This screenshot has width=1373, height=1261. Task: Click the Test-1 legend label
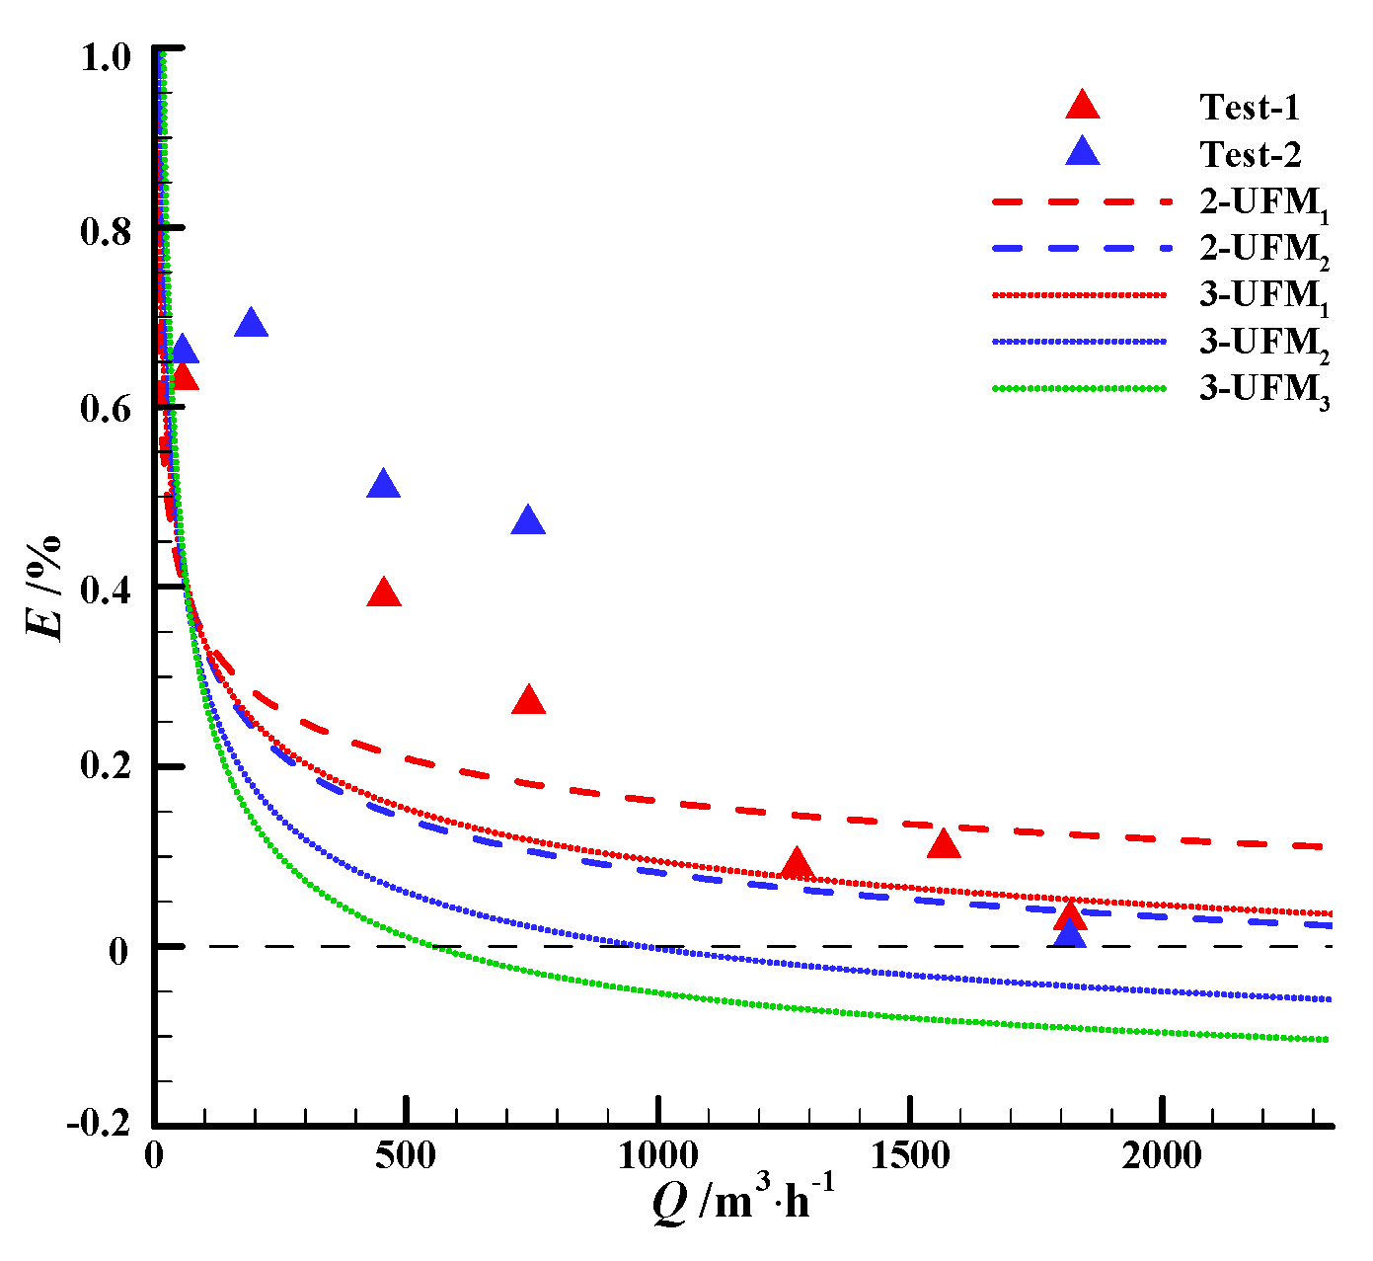tap(1250, 107)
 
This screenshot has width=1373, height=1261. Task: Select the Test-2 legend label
tap(1251, 154)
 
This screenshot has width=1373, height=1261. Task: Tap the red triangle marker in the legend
tap(1083, 106)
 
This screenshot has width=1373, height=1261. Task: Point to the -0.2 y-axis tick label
tap(98, 1125)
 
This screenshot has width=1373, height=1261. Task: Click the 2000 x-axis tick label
tap(1162, 1154)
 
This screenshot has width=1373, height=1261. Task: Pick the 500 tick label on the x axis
tap(406, 1154)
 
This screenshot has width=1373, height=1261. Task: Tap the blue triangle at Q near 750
tap(528, 521)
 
